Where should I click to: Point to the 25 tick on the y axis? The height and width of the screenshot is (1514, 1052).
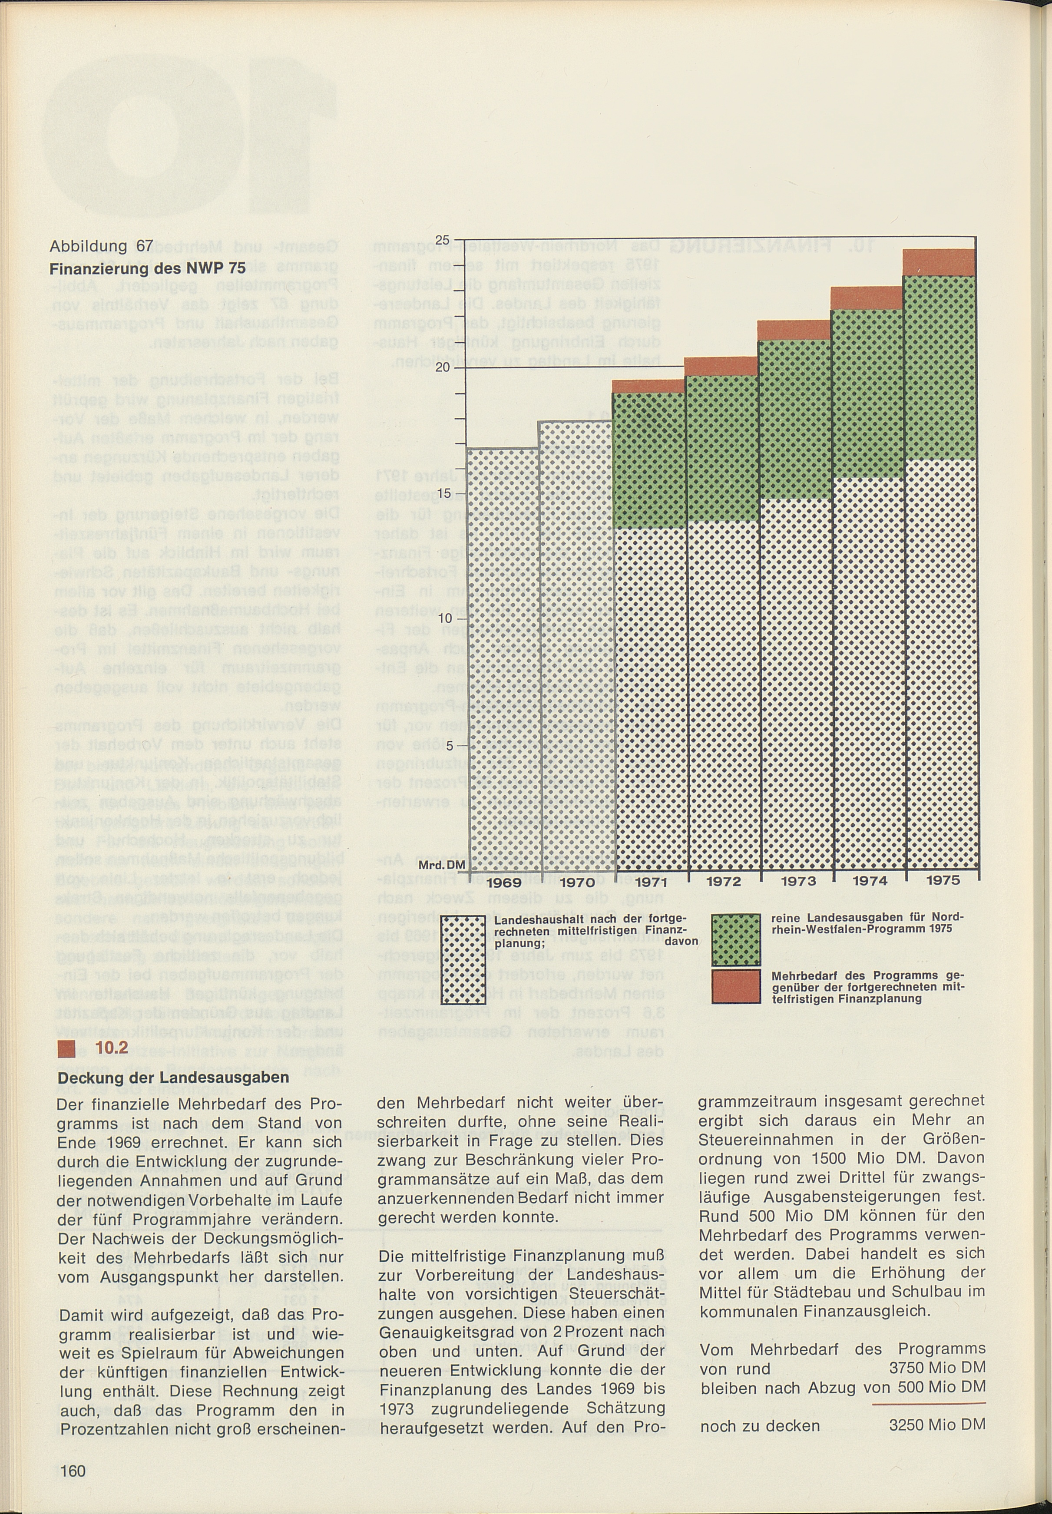[x=442, y=239]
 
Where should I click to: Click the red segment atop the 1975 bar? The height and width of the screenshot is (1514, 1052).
[x=939, y=262]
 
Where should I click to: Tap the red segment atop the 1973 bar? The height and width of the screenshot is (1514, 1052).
[x=794, y=330]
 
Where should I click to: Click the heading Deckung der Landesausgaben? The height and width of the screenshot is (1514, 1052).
[x=173, y=1078]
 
